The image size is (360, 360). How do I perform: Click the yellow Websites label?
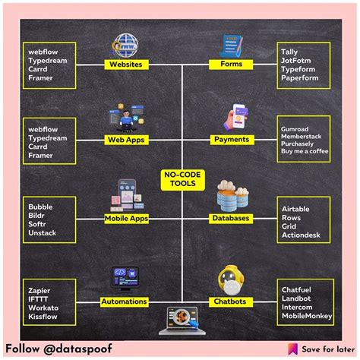point(126,65)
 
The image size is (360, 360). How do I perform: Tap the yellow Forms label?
point(231,64)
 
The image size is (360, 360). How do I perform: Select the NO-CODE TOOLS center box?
point(182,179)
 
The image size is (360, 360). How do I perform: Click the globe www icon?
point(125,46)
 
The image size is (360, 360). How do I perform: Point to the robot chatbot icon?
point(231,280)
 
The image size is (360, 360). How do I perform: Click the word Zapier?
point(39,290)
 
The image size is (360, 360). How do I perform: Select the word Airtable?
point(295,209)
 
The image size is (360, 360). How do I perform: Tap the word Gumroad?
point(295,129)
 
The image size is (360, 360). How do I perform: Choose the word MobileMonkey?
point(307,316)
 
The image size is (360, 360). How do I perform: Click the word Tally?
point(289,52)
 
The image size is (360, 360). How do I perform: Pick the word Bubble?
point(40,207)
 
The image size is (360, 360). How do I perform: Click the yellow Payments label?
point(232,140)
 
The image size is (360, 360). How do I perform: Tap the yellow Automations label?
point(124,302)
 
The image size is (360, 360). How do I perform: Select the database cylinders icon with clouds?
point(232,195)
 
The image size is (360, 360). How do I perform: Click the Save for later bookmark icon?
point(292,349)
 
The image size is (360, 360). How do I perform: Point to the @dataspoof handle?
point(77,349)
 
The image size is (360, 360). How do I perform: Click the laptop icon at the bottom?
point(182,321)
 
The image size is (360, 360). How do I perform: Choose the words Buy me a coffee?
point(305,151)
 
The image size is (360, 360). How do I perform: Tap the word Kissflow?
point(43,317)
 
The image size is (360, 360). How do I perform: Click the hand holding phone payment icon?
point(235,117)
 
